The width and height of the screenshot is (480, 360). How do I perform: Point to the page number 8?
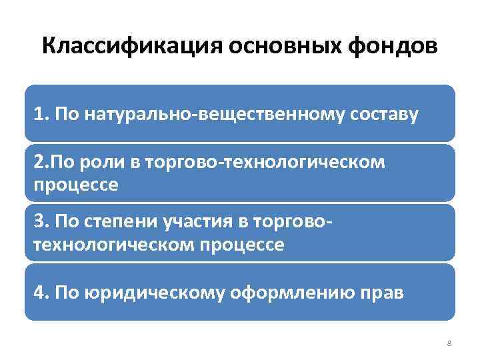[449, 343]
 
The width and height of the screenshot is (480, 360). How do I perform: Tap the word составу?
[379, 114]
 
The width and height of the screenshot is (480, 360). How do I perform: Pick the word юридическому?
[156, 292]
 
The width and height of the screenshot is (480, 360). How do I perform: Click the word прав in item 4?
[383, 292]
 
